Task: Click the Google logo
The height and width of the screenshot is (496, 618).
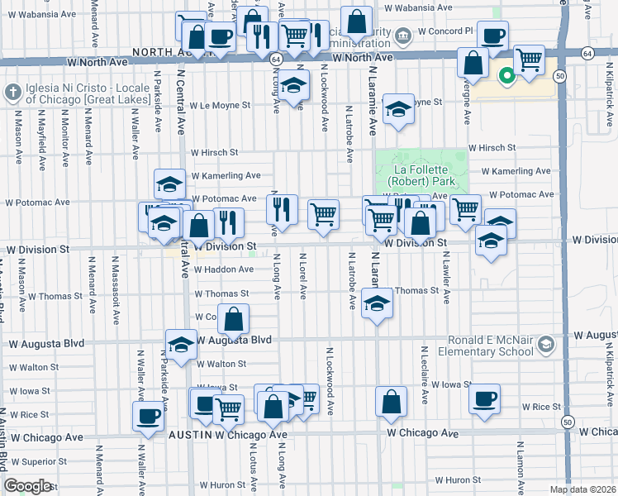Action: (27, 486)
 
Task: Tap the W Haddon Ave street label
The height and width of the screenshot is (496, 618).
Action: (224, 269)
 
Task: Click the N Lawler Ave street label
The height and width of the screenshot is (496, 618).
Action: (447, 278)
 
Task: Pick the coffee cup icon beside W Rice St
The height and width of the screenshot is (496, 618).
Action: (485, 398)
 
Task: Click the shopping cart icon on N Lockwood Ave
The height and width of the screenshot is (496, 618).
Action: (323, 214)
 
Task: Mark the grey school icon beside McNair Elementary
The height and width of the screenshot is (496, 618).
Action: (544, 343)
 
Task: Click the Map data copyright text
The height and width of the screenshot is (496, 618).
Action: (582, 489)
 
